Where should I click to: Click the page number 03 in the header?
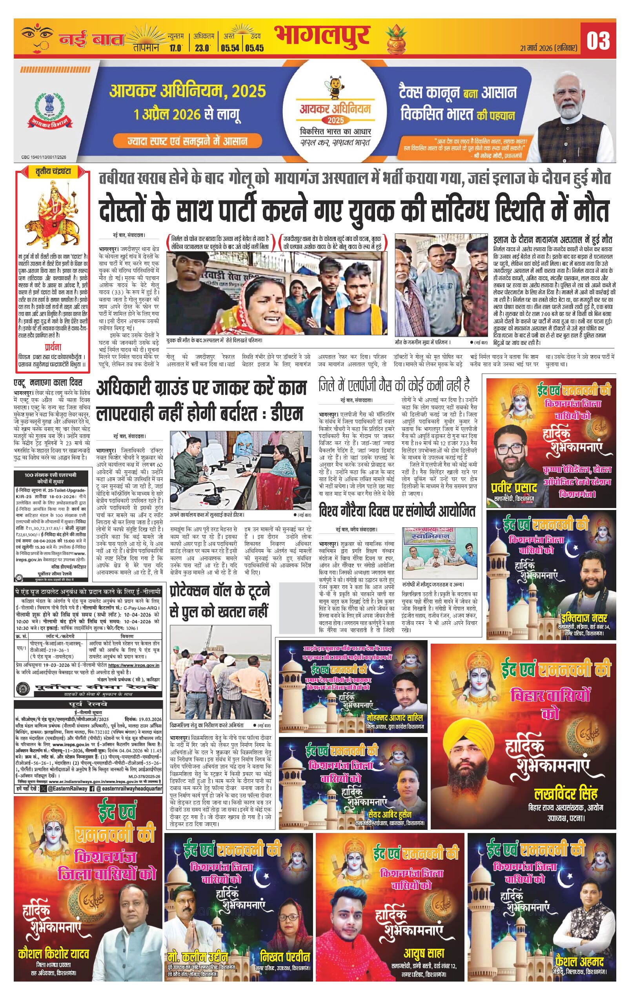tap(598, 41)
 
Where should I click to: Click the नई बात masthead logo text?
tap(91, 40)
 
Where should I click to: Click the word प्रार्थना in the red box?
tap(53, 347)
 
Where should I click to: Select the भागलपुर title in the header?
tap(322, 36)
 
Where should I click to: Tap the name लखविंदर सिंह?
tap(565, 794)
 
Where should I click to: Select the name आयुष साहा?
tap(423, 953)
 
